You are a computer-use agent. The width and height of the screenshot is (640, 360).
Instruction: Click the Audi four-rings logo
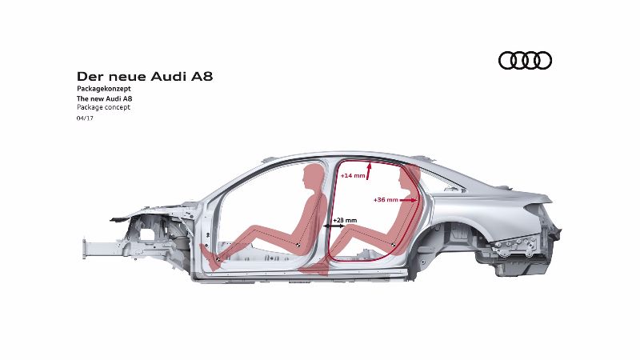pyautogui.click(x=525, y=61)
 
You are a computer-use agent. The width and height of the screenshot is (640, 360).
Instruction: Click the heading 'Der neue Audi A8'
pyautogui.click(x=145, y=76)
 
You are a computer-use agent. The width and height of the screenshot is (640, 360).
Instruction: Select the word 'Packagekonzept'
pyautogui.click(x=104, y=89)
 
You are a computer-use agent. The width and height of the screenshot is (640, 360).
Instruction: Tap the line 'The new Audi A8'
pyautogui.click(x=105, y=98)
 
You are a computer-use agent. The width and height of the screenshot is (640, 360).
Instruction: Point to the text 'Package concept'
pyautogui.click(x=104, y=107)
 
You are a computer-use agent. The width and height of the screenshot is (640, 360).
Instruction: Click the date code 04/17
pyautogui.click(x=85, y=118)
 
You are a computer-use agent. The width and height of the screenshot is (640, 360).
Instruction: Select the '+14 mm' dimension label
pyautogui.click(x=353, y=176)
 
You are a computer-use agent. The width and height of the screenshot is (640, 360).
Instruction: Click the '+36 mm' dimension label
pyautogui.click(x=386, y=200)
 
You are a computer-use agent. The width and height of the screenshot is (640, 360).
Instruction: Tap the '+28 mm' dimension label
pyautogui.click(x=345, y=221)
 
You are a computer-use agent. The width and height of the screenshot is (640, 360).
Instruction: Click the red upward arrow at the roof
pyautogui.click(x=369, y=171)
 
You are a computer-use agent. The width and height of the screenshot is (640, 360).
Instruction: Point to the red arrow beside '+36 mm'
pyautogui.click(x=409, y=200)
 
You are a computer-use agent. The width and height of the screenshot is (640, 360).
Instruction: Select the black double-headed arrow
pyautogui.click(x=334, y=226)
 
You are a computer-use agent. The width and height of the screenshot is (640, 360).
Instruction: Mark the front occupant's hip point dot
pyautogui.click(x=298, y=245)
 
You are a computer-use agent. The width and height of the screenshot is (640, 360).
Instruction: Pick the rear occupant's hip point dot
pyautogui.click(x=393, y=245)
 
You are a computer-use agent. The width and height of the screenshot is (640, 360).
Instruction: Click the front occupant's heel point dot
pyautogui.click(x=218, y=259)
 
